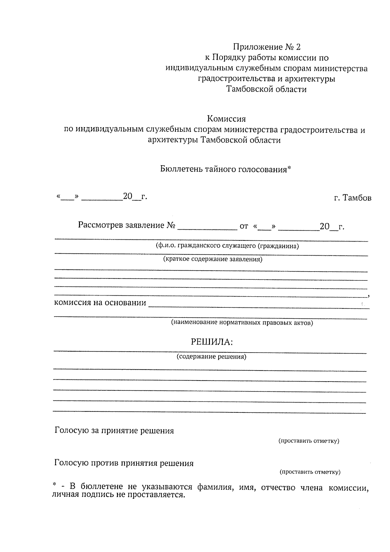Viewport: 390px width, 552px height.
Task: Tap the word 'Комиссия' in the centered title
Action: pos(226,119)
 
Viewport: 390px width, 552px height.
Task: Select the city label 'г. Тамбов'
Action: pos(353,198)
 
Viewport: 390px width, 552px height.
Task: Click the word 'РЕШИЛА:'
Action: pos(212,342)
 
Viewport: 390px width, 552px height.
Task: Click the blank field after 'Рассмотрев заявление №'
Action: pos(207,226)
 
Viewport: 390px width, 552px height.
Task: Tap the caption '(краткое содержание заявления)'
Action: pos(213,260)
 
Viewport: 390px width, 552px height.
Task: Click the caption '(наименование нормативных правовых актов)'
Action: pos(242,323)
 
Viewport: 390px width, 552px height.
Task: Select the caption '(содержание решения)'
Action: pos(211,357)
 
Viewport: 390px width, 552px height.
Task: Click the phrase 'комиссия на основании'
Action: pos(100,303)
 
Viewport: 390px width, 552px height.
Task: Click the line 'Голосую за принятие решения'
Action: pos(114,431)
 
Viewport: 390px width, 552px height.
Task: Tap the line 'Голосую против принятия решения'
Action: pos(124,463)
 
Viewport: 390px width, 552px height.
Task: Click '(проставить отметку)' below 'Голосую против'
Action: pos(310,472)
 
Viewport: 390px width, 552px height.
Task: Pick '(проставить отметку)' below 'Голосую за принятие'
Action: pos(309,441)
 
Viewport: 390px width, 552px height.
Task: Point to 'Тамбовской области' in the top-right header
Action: pos(266,89)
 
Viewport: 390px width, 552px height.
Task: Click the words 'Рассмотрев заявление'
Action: pos(121,225)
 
